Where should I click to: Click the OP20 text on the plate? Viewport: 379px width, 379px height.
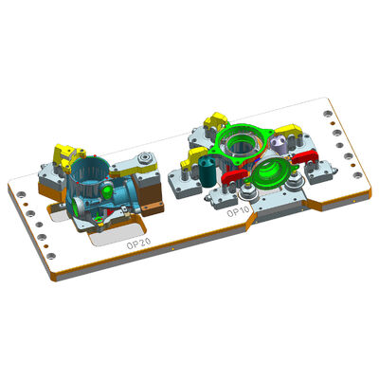[x=139, y=243]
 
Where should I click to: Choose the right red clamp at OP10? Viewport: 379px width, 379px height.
[x=301, y=155]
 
